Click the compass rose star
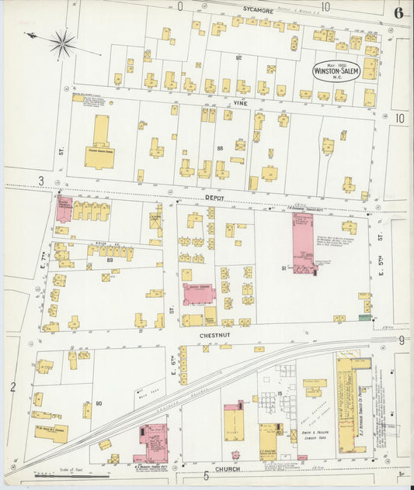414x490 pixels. tap(61, 43)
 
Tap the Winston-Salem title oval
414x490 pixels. tap(336, 70)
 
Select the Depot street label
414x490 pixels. tap(214, 198)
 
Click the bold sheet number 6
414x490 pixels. tap(398, 12)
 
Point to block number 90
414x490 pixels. tap(99, 403)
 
